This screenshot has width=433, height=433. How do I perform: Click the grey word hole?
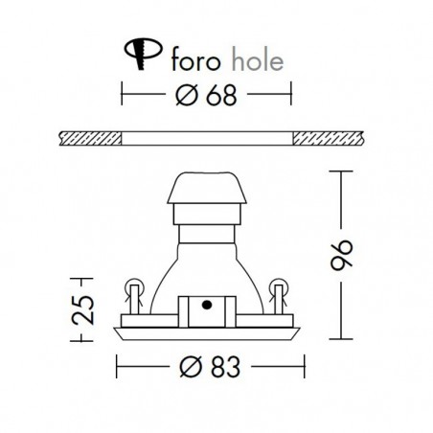[x=257, y=58]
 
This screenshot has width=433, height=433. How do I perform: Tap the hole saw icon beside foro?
[x=143, y=53]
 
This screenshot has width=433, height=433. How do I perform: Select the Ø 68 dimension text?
[x=206, y=95]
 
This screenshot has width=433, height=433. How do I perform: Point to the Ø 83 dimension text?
[x=210, y=367]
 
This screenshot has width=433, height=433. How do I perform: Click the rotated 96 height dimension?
[x=341, y=255]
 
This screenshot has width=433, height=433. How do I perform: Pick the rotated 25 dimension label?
[x=82, y=309]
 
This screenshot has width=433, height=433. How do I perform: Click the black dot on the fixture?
[x=207, y=306]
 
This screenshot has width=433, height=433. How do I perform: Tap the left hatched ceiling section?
[x=91, y=138]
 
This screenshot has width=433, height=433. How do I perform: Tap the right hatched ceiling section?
[x=328, y=138]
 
